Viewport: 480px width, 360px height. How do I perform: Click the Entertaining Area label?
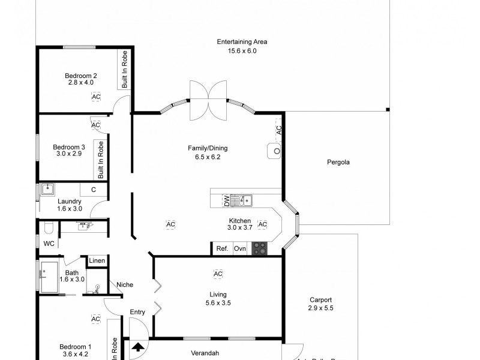pyautogui.click(x=242, y=42)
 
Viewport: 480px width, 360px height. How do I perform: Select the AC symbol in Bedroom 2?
pyautogui.click(x=96, y=97)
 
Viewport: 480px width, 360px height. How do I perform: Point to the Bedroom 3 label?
pyautogui.click(x=69, y=147)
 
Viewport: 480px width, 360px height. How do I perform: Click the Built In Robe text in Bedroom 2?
pyautogui.click(x=125, y=70)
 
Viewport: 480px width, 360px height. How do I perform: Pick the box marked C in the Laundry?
pyautogui.click(x=93, y=190)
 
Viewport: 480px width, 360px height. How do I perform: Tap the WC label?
pyautogui.click(x=49, y=243)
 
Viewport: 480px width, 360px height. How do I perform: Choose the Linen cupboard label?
pyautogui.click(x=97, y=260)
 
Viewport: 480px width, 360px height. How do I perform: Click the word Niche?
pyautogui.click(x=125, y=284)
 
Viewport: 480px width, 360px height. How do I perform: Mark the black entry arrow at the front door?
pyautogui.click(x=138, y=347)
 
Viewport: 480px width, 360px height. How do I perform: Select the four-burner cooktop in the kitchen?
pyautogui.click(x=260, y=248)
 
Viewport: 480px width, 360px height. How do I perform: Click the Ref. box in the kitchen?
pyautogui.click(x=222, y=248)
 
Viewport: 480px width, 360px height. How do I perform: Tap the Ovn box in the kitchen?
pyautogui.click(x=240, y=248)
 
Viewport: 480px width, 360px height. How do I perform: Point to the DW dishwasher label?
pyautogui.click(x=227, y=200)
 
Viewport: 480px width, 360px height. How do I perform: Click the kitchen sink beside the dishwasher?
pyautogui.click(x=244, y=200)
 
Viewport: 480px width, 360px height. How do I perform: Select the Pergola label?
pyautogui.click(x=338, y=162)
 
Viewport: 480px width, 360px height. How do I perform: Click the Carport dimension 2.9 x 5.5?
pyautogui.click(x=320, y=308)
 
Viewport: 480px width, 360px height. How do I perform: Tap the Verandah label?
pyautogui.click(x=203, y=353)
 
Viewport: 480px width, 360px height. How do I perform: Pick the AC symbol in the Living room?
pyautogui.click(x=218, y=274)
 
